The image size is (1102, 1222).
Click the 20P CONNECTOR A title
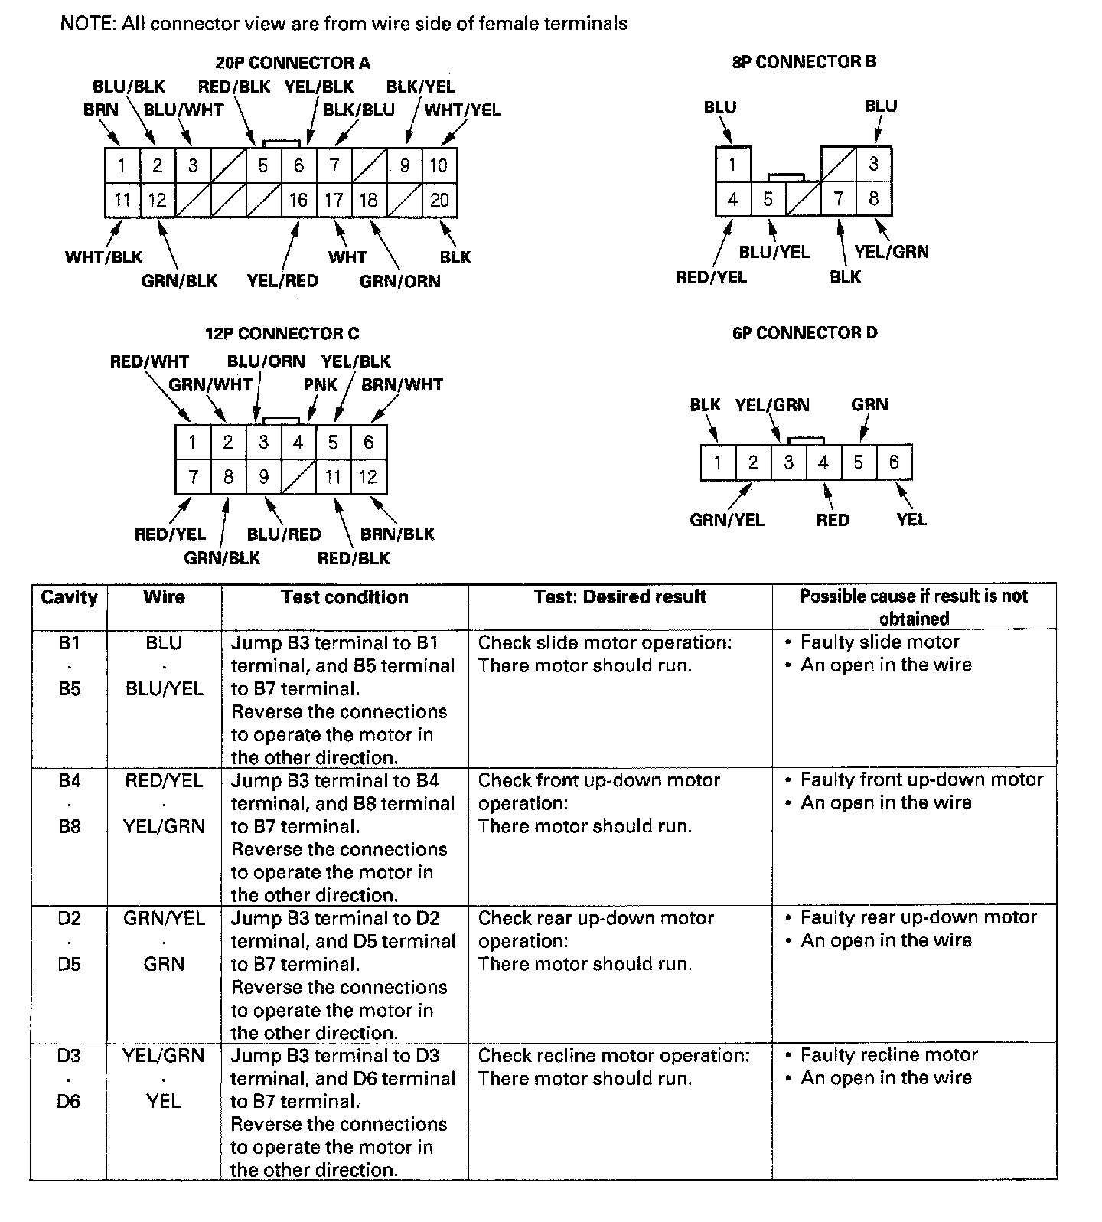point(292,63)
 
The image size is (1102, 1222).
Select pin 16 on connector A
point(298,200)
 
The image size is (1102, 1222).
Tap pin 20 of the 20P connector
point(439,200)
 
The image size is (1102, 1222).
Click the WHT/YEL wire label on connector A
point(462,109)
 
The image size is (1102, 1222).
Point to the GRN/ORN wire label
point(399,281)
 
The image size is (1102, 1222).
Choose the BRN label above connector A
point(101,109)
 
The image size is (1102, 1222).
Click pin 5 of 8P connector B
point(768,199)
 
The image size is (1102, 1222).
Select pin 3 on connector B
point(873,163)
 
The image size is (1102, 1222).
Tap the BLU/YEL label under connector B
point(774,252)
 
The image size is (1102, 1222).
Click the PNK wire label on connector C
point(321,384)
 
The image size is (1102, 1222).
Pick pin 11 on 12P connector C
point(333,477)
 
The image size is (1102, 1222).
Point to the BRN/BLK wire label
point(397,534)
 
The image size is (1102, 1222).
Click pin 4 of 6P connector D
point(823,462)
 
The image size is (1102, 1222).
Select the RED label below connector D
point(833,520)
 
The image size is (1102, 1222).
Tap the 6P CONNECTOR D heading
point(804,333)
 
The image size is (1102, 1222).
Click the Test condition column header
point(344,597)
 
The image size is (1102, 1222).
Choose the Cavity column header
point(69,597)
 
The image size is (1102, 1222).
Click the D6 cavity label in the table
point(69,1101)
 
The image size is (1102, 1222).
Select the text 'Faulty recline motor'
point(888,1055)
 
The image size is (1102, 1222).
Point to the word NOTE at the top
point(86,24)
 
